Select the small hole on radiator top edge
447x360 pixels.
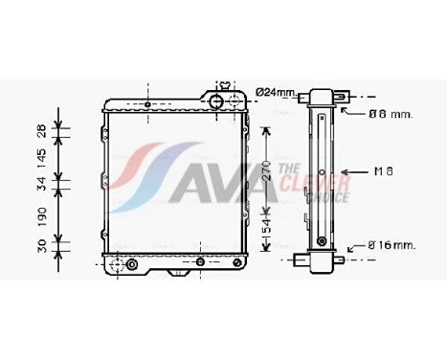pyautogui.click(x=147, y=103)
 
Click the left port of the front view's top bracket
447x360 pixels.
pyautogui.click(x=216, y=101)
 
